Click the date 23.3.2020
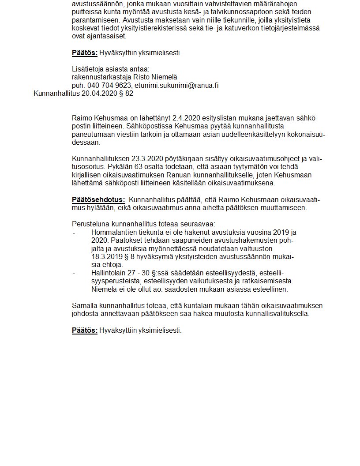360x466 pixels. [x=143, y=159]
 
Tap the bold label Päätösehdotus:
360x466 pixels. [x=98, y=200]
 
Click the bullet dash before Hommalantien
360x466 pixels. [x=74, y=232]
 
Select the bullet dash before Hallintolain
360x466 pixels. [x=74, y=273]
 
